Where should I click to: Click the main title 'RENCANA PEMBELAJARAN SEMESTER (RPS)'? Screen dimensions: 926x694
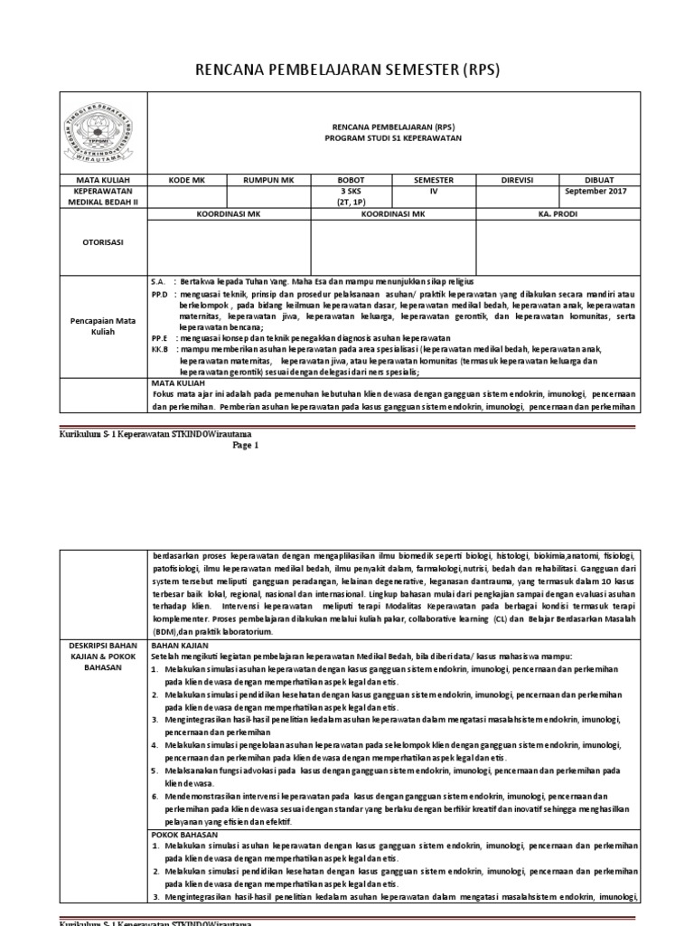(x=347, y=71)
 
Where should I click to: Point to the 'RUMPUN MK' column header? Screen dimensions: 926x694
(x=269, y=180)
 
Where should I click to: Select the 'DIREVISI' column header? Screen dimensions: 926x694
(x=519, y=180)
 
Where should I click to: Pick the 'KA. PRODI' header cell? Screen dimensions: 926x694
(x=558, y=214)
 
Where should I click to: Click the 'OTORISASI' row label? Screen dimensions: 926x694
(x=101, y=242)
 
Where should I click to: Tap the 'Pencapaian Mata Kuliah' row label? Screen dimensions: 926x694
(x=101, y=326)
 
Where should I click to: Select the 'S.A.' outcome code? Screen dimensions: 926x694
(x=158, y=283)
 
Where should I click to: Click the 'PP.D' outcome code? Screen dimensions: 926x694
(x=160, y=295)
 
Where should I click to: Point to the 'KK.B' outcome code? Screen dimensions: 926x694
(x=160, y=348)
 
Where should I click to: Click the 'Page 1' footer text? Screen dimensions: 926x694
(x=245, y=445)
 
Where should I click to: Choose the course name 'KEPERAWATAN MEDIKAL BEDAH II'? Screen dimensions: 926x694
(x=101, y=197)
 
